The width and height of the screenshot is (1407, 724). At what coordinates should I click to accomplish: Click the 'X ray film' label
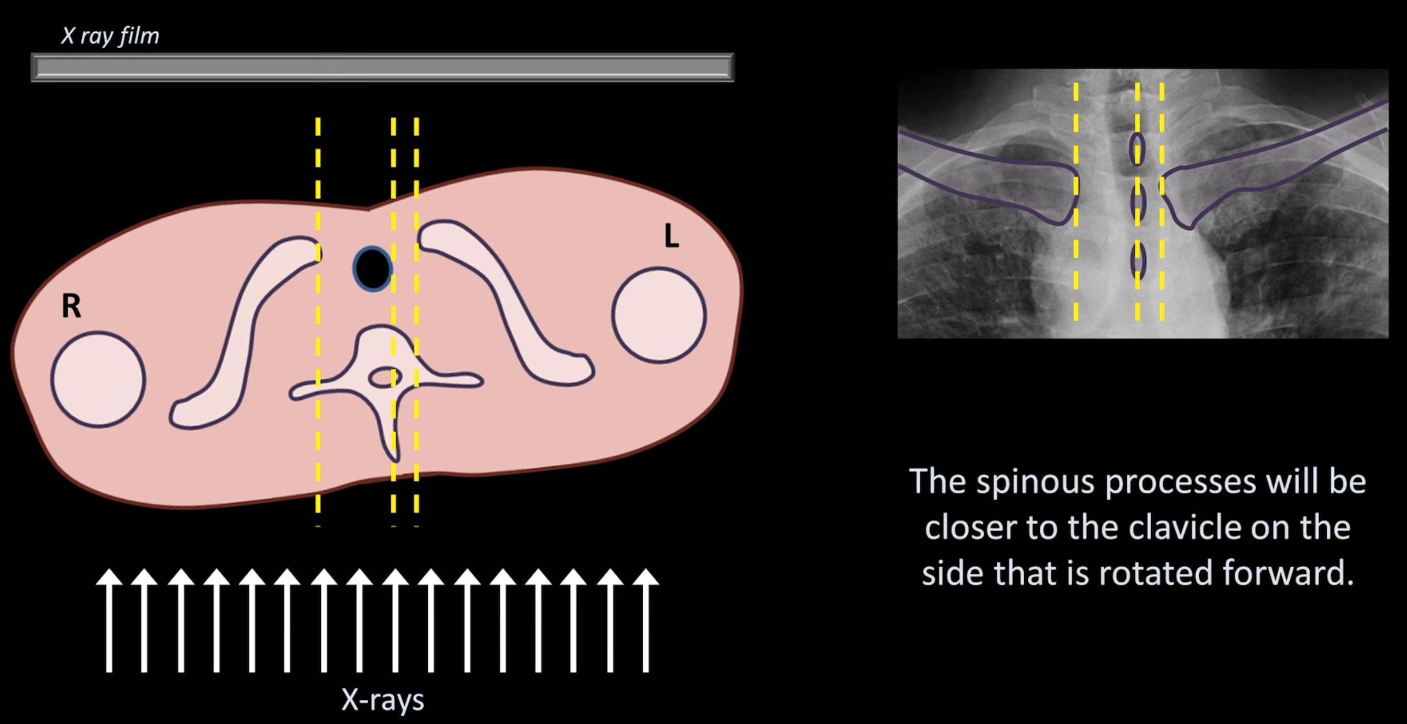coord(110,36)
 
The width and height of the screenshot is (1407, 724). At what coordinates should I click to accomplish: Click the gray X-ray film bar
coord(382,67)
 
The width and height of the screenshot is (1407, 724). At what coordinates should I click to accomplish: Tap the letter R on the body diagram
coord(72,306)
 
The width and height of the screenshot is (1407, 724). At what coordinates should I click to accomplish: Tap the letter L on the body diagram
coord(671,236)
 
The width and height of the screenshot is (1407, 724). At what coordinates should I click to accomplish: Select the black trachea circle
coord(372,268)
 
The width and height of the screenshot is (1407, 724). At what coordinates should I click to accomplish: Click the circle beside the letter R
coord(98,379)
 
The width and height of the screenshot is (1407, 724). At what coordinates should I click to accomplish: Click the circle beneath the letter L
coord(658,315)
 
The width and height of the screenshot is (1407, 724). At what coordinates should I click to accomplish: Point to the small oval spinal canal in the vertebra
coord(385,377)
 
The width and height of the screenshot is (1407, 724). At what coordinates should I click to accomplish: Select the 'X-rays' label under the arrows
coord(382,699)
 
